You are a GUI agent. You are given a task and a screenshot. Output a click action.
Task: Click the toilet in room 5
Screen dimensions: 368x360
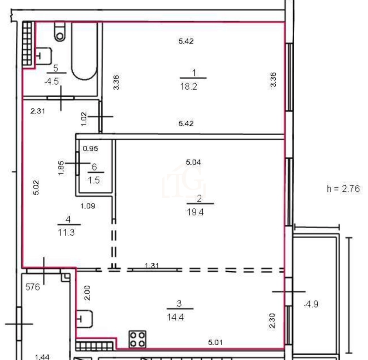tap(60, 32)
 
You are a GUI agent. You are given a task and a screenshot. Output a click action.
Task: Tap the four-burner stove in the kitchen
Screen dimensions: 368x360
tap(138, 339)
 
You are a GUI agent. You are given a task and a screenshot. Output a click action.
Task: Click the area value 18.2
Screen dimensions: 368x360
tap(188, 87)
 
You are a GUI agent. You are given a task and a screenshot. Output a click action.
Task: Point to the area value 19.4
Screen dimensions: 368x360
tap(195, 212)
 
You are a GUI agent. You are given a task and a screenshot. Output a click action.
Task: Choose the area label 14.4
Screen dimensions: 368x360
tap(175, 317)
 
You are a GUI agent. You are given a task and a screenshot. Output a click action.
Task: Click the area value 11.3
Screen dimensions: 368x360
tap(66, 233)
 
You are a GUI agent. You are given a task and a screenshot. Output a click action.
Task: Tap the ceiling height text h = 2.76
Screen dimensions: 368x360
tap(343, 189)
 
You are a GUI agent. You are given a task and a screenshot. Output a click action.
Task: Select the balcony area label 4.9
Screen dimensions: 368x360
tap(311, 304)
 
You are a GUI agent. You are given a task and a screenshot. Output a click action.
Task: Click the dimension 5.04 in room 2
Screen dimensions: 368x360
tap(193, 162)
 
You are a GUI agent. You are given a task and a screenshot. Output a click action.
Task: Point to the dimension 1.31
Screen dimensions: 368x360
tap(152, 266)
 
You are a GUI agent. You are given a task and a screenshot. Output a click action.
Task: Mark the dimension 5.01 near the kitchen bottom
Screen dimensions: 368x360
tap(215, 342)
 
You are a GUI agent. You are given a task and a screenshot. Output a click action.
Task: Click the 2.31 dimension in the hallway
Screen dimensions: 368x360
tap(37, 111)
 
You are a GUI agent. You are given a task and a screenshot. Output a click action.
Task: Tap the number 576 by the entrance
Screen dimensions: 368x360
tap(33, 287)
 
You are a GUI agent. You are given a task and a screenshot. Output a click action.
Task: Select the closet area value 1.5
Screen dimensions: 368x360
tap(94, 180)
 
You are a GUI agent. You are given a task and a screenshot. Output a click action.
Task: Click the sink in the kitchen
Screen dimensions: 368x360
tap(84, 319)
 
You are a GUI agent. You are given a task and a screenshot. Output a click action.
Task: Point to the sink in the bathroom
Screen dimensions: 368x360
tap(43, 56)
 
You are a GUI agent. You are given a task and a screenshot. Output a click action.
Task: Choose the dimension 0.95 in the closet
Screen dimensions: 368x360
tap(90, 149)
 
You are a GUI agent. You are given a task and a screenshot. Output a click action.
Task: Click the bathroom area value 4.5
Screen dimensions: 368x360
tap(52, 81)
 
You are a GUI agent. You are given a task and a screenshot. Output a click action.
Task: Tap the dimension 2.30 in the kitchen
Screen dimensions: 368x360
tap(272, 321)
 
